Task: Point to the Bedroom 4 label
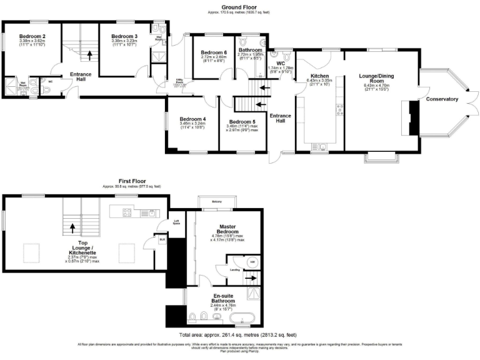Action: [x=192, y=119]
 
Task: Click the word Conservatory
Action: [x=442, y=99]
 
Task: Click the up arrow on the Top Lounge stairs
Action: [x=73, y=228]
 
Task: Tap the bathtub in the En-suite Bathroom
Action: [x=242, y=318]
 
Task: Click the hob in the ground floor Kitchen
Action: [x=341, y=110]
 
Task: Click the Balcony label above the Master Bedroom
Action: [x=217, y=202]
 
